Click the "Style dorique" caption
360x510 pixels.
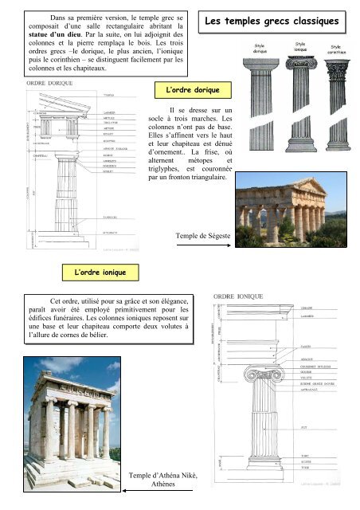pos(260,50)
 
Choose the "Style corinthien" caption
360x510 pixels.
pos(338,50)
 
